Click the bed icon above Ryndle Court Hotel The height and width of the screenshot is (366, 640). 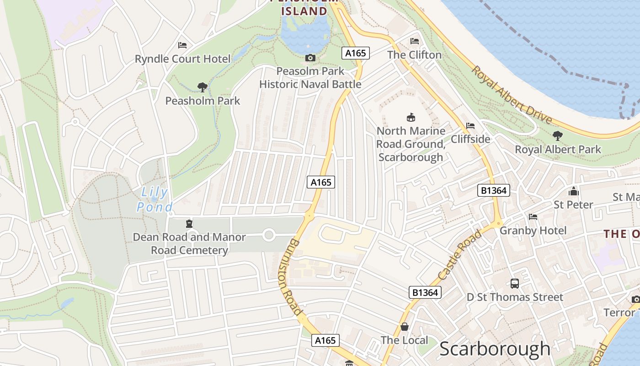(182, 45)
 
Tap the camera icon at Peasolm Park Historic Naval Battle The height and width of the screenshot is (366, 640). (310, 58)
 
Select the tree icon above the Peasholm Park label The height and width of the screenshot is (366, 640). (202, 87)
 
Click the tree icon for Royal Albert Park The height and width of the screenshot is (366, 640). (557, 135)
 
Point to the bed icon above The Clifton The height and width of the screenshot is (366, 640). (415, 41)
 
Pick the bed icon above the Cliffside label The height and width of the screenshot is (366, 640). (470, 125)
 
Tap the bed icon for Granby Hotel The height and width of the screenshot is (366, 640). (533, 216)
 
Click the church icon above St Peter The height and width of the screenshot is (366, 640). (573, 191)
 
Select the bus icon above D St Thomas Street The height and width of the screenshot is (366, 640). (515, 283)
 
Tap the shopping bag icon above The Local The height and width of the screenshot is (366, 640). (405, 327)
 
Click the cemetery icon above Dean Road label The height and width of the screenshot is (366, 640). (189, 224)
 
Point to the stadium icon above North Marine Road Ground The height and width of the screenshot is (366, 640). (411, 118)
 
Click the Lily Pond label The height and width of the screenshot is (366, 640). (154, 199)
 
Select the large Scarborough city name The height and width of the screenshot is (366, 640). (495, 349)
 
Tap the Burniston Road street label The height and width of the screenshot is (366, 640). (290, 277)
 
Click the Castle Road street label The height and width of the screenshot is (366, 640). (459, 255)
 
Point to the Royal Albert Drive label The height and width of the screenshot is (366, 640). (512, 95)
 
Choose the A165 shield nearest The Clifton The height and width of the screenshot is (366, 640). (356, 53)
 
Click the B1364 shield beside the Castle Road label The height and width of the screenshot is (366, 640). (425, 292)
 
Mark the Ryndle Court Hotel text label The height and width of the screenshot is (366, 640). (183, 59)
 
